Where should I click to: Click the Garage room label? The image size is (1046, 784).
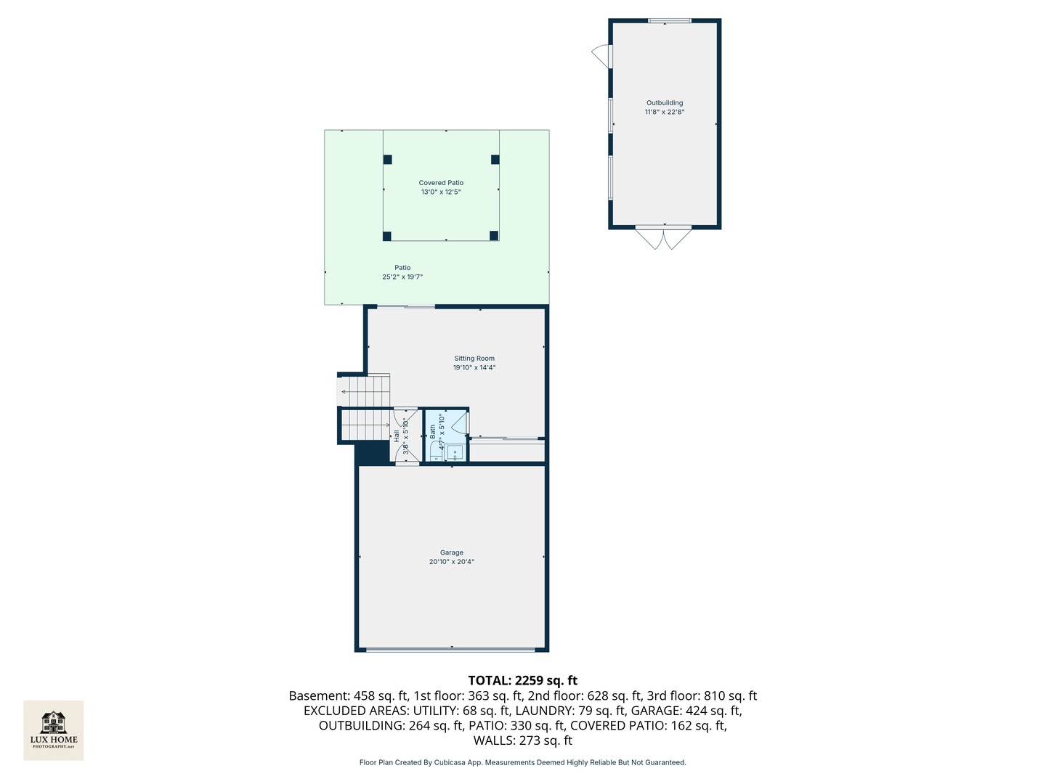pyautogui.click(x=451, y=552)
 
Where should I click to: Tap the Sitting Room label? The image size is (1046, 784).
pyautogui.click(x=474, y=359)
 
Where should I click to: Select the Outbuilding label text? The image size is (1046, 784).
pyautogui.click(x=665, y=103)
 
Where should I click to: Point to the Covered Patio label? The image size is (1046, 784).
pyautogui.click(x=441, y=183)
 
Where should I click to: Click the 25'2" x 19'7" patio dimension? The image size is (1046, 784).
pyautogui.click(x=402, y=277)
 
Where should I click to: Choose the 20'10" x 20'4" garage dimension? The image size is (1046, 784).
pyautogui.click(x=451, y=562)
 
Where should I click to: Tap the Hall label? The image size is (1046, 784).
pyautogui.click(x=397, y=436)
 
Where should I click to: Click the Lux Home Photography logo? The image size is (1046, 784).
pyautogui.click(x=54, y=730)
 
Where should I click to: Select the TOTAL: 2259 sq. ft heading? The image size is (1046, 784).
pyautogui.click(x=522, y=680)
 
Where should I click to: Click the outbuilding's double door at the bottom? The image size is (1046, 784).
pyautogui.click(x=664, y=238)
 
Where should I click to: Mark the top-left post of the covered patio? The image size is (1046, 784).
pyautogui.click(x=387, y=160)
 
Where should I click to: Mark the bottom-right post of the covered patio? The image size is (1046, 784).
pyautogui.click(x=494, y=235)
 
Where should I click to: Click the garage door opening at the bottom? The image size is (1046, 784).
pyautogui.click(x=452, y=648)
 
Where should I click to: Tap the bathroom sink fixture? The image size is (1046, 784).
pyautogui.click(x=455, y=452)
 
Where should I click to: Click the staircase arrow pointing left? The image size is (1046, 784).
pyautogui.click(x=344, y=392)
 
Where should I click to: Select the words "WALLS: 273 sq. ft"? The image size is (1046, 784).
pyautogui.click(x=522, y=740)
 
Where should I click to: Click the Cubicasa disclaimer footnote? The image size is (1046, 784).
pyautogui.click(x=522, y=762)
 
